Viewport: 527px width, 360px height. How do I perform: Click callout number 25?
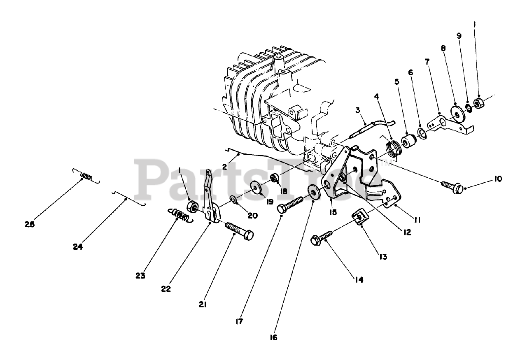point(29,225)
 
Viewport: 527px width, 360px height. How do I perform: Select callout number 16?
point(273,337)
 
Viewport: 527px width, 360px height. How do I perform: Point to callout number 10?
point(498,179)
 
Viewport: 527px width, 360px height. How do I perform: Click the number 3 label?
point(358,110)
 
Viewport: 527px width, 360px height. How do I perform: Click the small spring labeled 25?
point(86,176)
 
